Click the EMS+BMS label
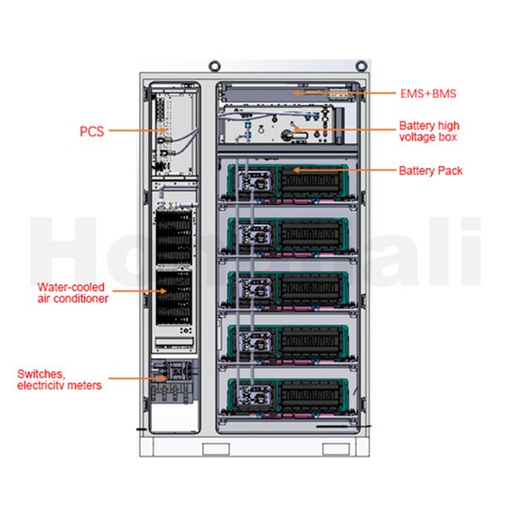[428, 94]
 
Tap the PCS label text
[92, 132]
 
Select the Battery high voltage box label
[429, 131]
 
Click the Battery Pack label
[430, 170]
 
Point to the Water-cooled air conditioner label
[73, 293]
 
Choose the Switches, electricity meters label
[59, 379]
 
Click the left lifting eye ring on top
[214, 66]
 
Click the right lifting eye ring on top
[361, 66]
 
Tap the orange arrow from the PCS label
[137, 131]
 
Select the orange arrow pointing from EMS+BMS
[344, 94]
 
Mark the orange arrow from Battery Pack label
[344, 170]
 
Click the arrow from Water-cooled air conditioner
[139, 291]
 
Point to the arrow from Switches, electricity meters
[137, 378]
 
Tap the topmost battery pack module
[288, 181]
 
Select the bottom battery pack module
[288, 396]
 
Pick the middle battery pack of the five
[288, 288]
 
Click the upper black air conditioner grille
[174, 238]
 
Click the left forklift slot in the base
[216, 449]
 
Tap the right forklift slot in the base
[336, 449]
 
